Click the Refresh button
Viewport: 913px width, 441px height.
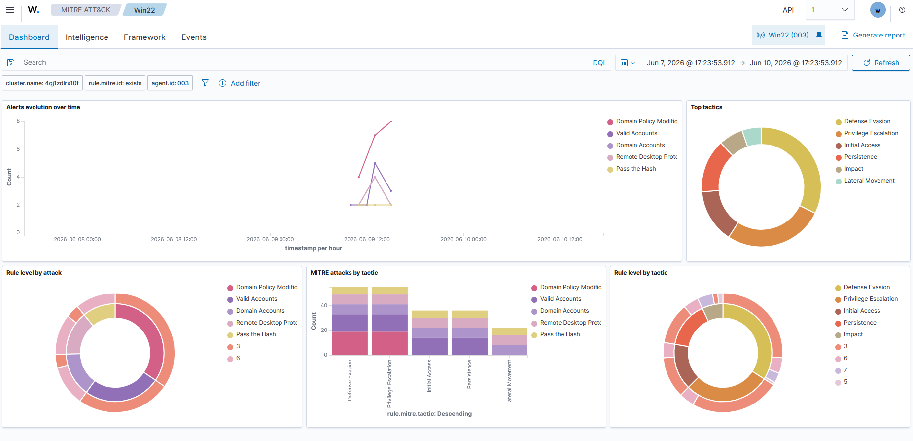(x=880, y=63)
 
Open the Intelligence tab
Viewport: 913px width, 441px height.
(x=87, y=37)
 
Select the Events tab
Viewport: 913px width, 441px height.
(x=194, y=37)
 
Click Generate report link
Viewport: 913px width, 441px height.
(x=873, y=35)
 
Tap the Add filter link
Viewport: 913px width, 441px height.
(x=240, y=83)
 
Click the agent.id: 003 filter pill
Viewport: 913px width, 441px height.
(x=170, y=83)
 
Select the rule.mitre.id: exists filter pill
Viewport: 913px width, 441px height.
(x=115, y=83)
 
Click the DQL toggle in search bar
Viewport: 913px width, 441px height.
(x=599, y=63)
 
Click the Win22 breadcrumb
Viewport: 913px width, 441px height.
(x=144, y=10)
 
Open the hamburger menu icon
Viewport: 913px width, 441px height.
(x=10, y=10)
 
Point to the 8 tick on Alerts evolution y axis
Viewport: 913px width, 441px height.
(x=18, y=121)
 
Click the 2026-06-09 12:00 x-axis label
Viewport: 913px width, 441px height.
(x=367, y=239)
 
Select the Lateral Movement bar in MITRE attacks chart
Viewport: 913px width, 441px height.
(x=509, y=341)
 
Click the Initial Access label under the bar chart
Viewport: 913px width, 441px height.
(x=429, y=376)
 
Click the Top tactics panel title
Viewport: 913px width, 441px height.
(x=706, y=107)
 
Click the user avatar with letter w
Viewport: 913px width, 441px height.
(x=878, y=10)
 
